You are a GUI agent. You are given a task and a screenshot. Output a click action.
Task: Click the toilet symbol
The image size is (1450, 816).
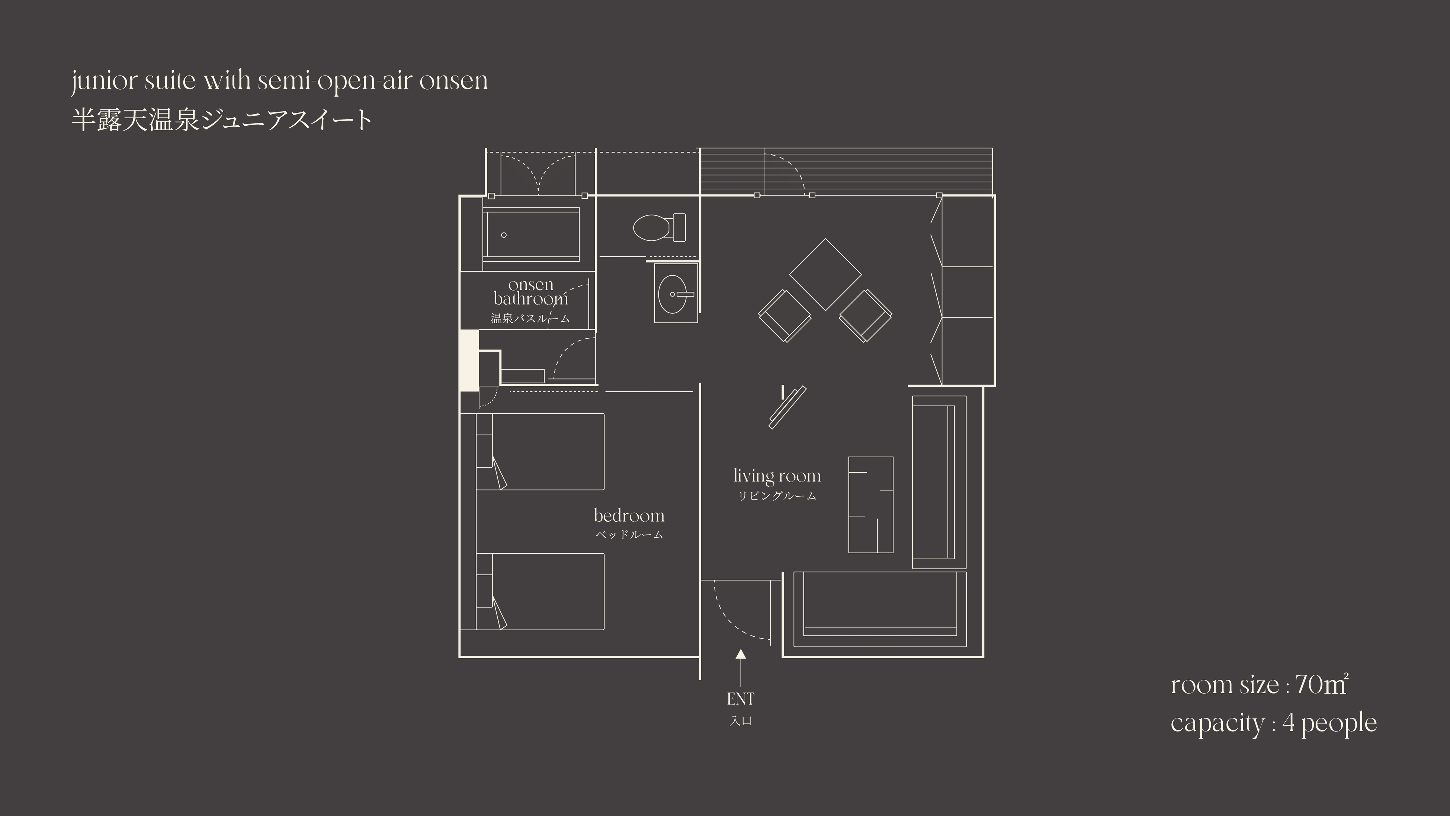click(x=659, y=227)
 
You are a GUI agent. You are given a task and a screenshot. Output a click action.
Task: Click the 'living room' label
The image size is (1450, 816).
click(x=777, y=476)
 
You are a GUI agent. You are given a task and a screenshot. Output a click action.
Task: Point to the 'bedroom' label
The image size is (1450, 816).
click(x=629, y=515)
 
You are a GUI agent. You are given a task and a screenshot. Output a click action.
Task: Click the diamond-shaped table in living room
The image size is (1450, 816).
click(x=825, y=274)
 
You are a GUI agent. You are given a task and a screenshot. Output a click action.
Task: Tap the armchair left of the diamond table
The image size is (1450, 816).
click(x=785, y=316)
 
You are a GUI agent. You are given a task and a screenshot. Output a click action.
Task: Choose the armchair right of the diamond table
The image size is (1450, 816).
click(x=866, y=316)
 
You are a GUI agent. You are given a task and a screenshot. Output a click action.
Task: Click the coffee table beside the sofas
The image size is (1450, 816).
click(x=871, y=505)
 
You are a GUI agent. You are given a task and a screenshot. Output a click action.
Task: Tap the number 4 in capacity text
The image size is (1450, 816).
click(x=1289, y=723)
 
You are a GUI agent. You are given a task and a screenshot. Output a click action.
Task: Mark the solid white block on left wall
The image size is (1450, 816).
click(x=469, y=361)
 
